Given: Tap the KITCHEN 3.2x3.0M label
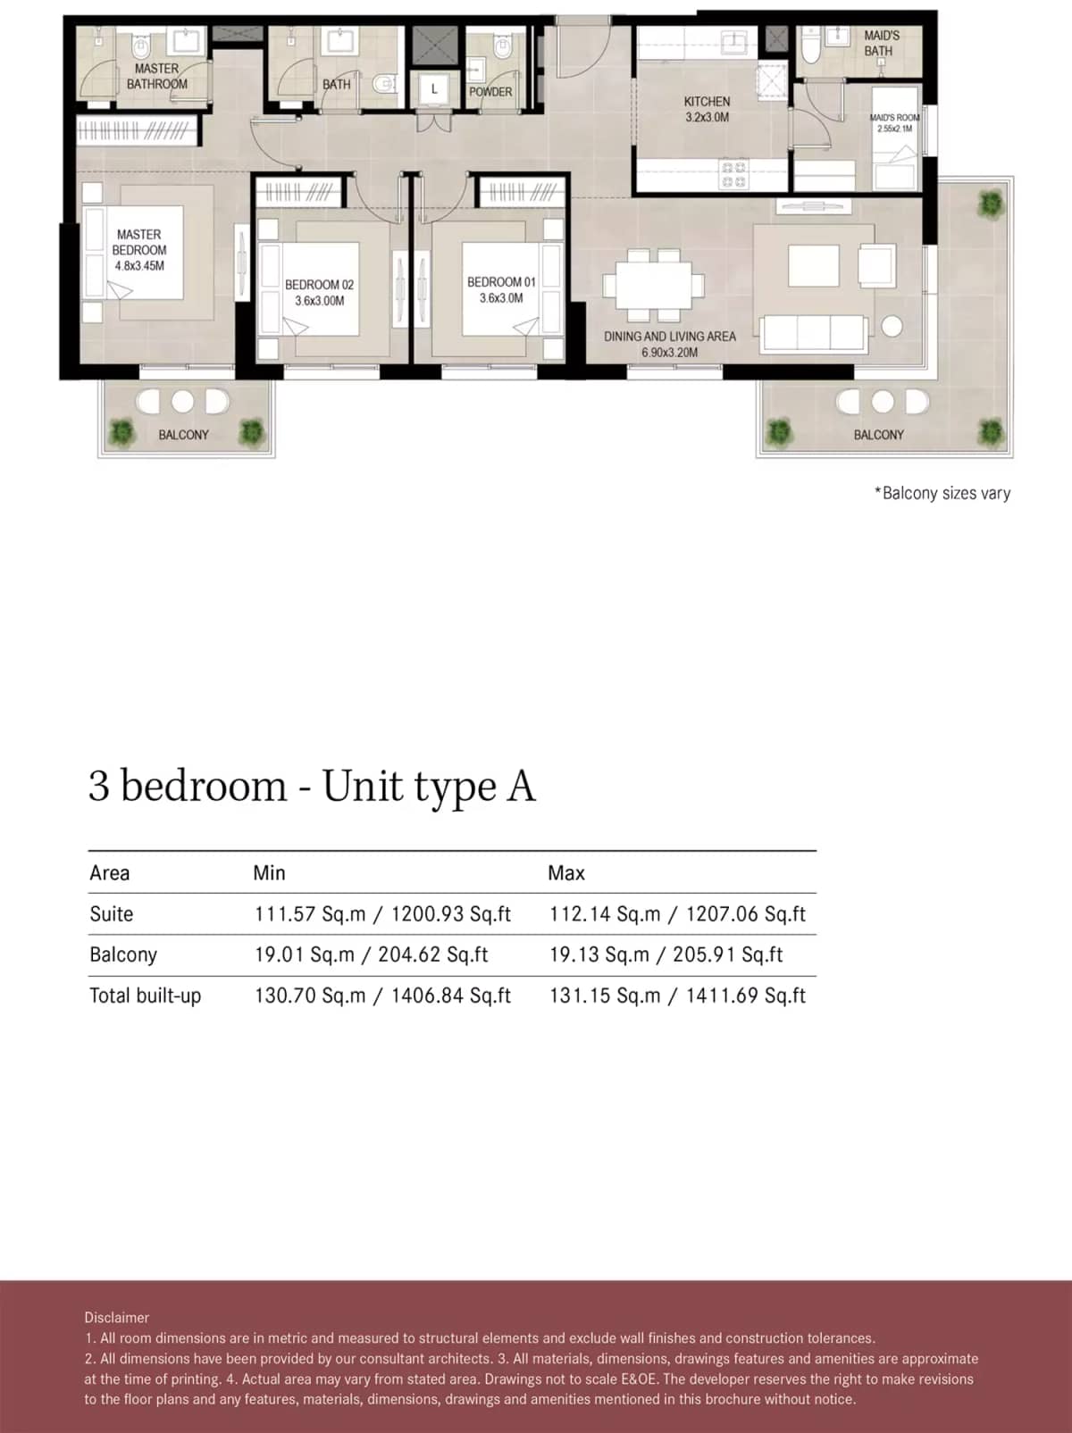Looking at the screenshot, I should click(x=707, y=109).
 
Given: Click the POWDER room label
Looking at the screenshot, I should click(x=490, y=91).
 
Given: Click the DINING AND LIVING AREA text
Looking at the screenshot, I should click(x=669, y=337).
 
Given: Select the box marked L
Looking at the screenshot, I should click(x=434, y=89).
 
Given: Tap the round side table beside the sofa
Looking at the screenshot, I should click(x=892, y=326).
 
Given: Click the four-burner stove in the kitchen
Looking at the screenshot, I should click(x=734, y=174).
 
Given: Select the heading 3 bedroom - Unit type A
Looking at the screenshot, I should click(x=312, y=786).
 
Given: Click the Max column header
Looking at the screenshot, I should click(x=566, y=872).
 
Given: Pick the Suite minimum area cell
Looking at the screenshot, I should click(x=382, y=913).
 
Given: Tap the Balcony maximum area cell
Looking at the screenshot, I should click(x=666, y=954).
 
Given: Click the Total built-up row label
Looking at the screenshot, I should click(x=145, y=996).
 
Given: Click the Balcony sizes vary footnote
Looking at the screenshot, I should click(x=942, y=493).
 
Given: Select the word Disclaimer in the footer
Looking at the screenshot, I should click(x=117, y=1317).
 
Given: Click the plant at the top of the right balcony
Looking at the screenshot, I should click(x=990, y=204).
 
